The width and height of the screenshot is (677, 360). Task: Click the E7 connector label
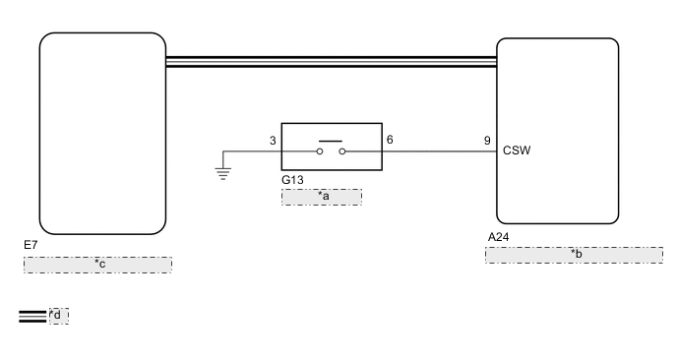pyautogui.click(x=31, y=243)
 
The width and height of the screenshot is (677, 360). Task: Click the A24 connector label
pyautogui.click(x=499, y=236)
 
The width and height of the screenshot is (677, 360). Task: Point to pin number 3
pyautogui.click(x=273, y=140)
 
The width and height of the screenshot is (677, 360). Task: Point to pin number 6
pyautogui.click(x=390, y=140)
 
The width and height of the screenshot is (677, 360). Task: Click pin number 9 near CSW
pyautogui.click(x=487, y=140)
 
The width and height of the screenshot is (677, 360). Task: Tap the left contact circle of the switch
pyautogui.click(x=321, y=151)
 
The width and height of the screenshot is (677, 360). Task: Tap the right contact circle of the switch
pyautogui.click(x=342, y=151)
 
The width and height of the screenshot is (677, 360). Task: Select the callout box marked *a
pyautogui.click(x=322, y=197)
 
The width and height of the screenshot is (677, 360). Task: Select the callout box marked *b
pyautogui.click(x=573, y=255)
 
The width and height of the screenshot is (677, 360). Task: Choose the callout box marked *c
pyautogui.click(x=97, y=265)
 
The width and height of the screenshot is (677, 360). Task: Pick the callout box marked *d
pyautogui.click(x=58, y=316)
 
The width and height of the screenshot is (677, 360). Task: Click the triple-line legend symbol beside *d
pyautogui.click(x=31, y=316)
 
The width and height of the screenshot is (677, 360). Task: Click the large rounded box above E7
pyautogui.click(x=101, y=133)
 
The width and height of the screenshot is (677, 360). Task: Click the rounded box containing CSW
pyautogui.click(x=558, y=131)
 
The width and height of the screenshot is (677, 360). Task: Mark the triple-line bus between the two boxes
pyautogui.click(x=331, y=62)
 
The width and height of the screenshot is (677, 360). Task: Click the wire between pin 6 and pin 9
pyautogui.click(x=438, y=151)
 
